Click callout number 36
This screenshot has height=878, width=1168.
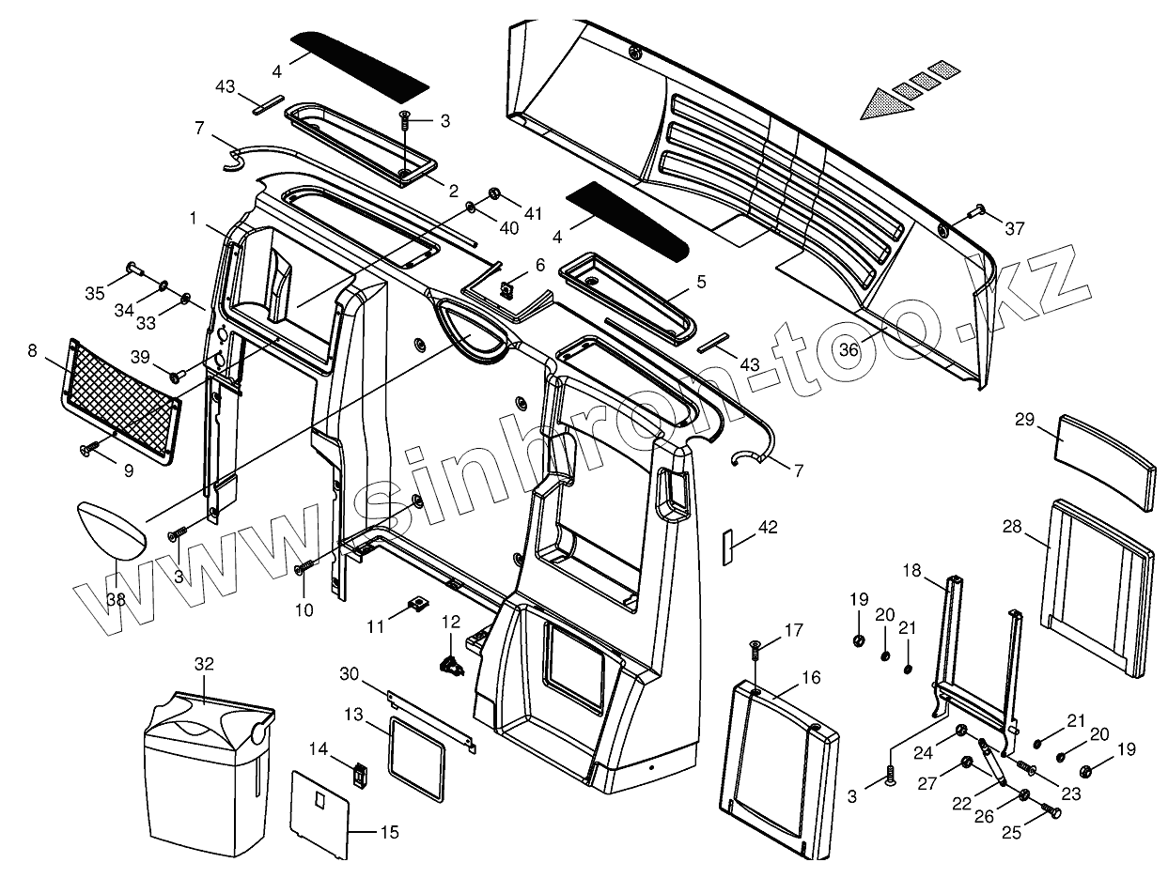(x=849, y=348)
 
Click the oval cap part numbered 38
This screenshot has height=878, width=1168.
(x=112, y=529)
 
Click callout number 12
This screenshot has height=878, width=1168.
(x=451, y=622)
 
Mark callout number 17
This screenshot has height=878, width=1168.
(x=794, y=630)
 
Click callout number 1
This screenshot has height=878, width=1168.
(x=193, y=218)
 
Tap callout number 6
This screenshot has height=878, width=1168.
(x=539, y=266)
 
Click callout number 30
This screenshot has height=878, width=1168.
(x=350, y=673)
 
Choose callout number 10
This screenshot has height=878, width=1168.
(x=303, y=610)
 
